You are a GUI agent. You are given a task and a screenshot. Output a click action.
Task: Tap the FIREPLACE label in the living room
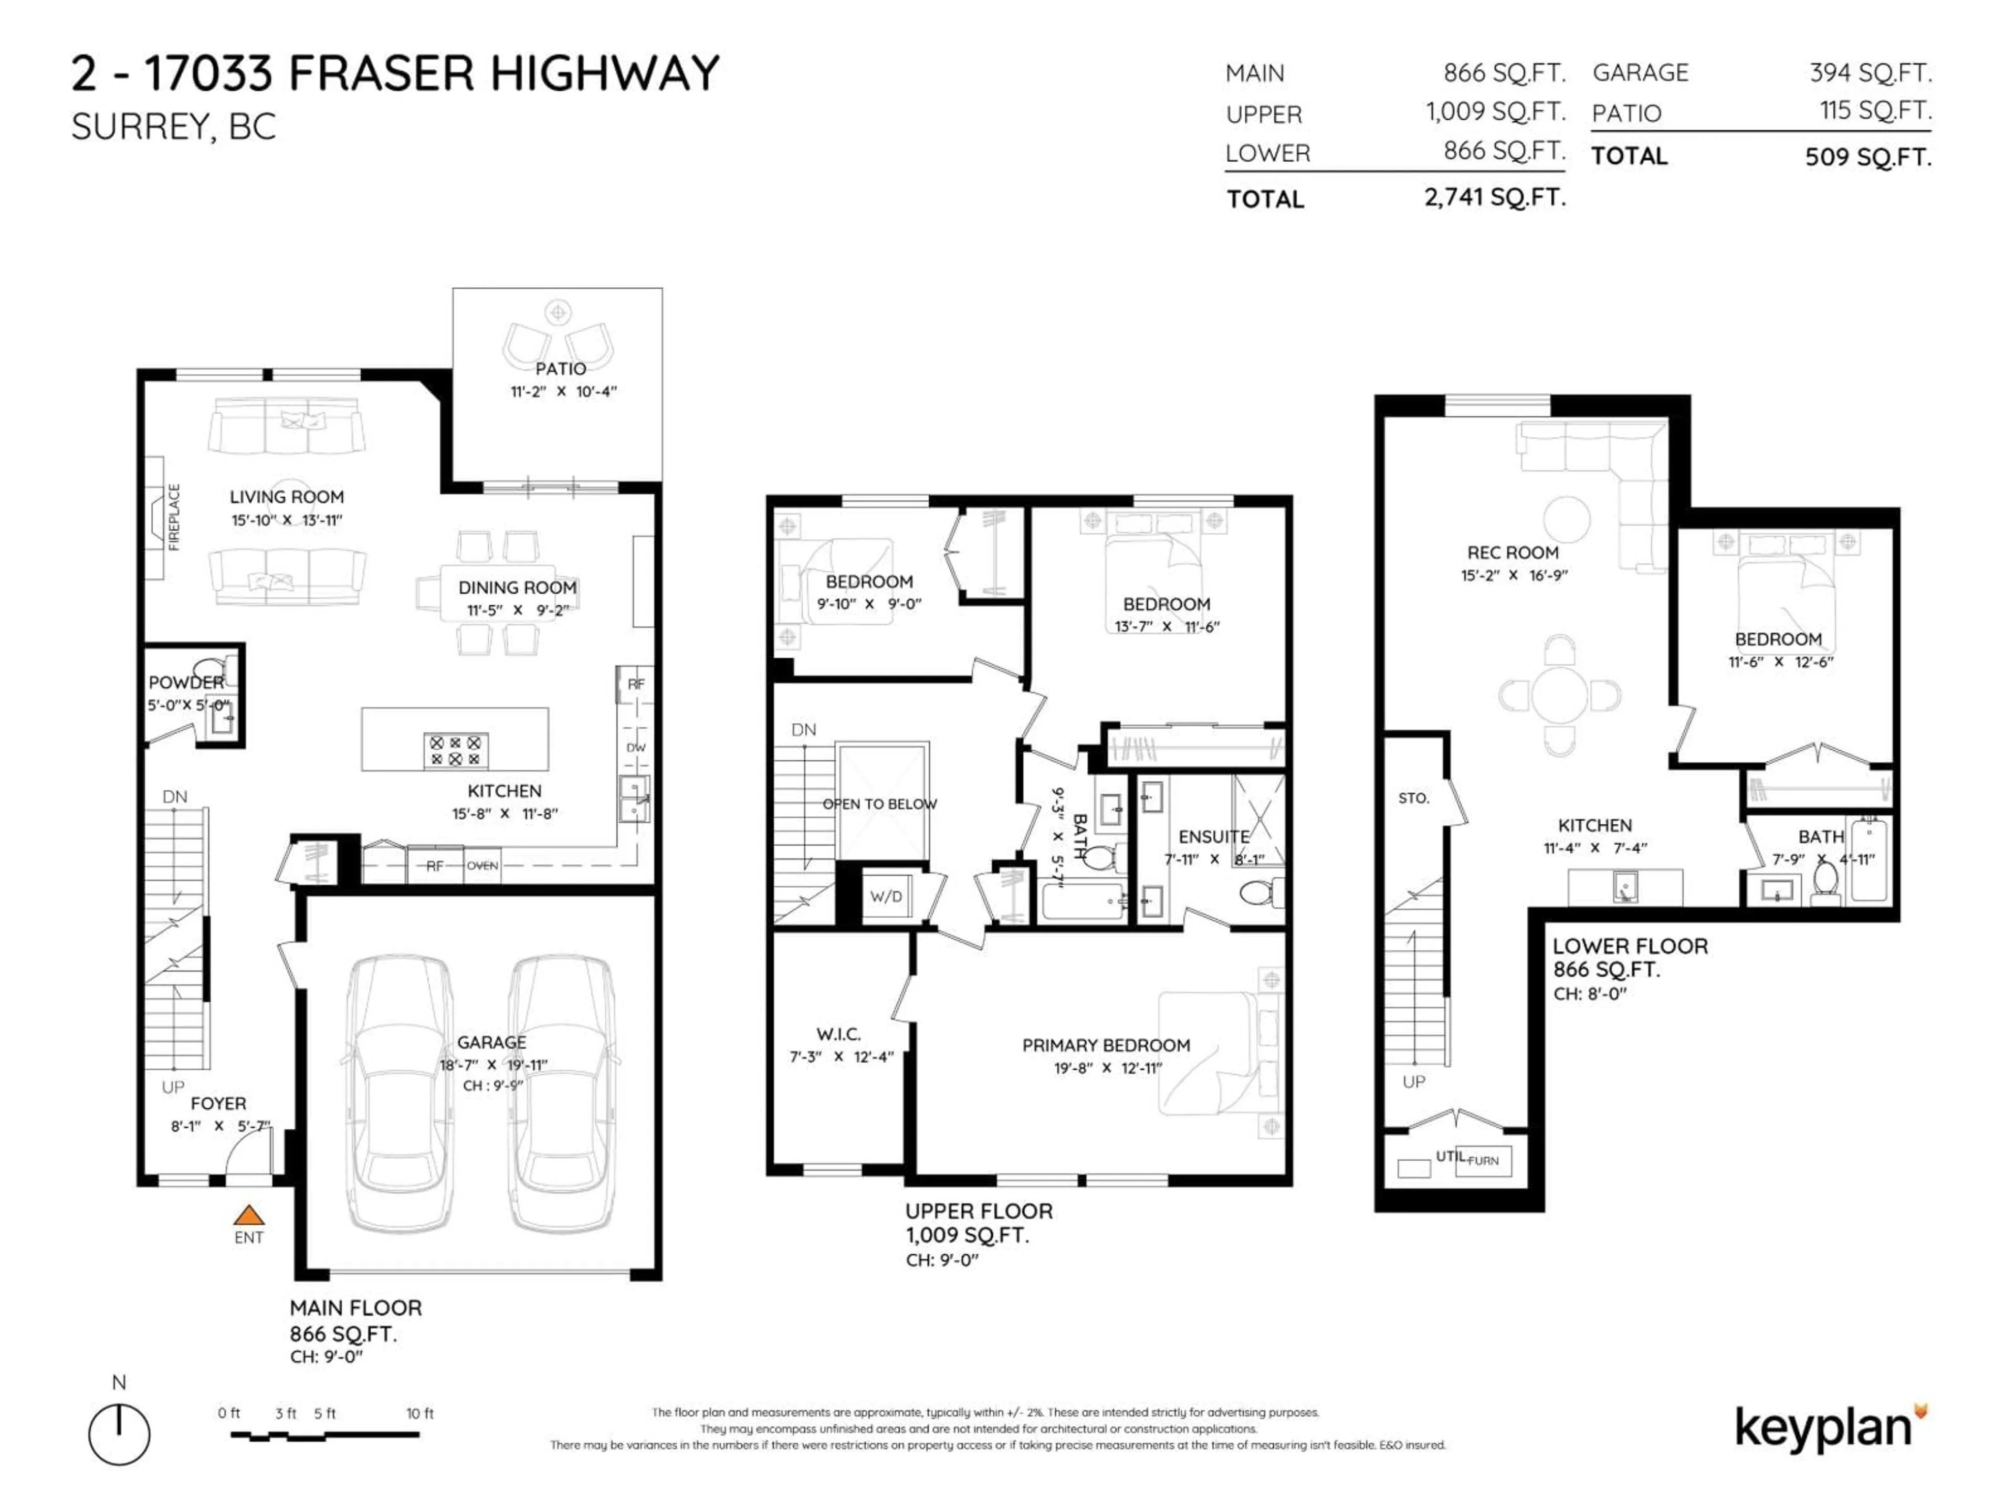174,517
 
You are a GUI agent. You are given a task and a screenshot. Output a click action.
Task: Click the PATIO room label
561,368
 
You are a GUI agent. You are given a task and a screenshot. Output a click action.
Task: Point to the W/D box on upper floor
885,896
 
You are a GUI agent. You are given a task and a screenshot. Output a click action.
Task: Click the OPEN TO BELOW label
879,804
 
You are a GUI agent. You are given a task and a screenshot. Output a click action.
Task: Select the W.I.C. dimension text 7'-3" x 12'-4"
841,1057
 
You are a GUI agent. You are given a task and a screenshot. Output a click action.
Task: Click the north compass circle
119,1434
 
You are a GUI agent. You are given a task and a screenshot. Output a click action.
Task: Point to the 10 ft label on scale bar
420,1414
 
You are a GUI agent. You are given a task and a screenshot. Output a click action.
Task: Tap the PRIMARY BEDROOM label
1106,1045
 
